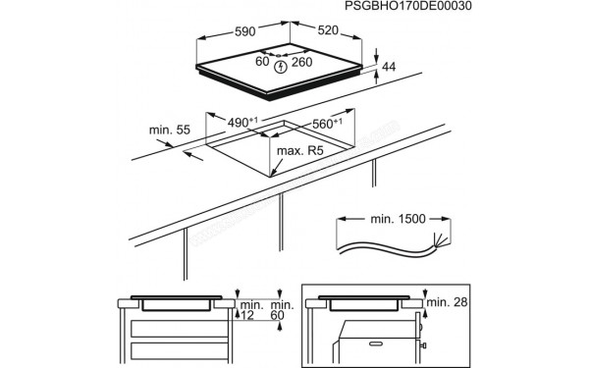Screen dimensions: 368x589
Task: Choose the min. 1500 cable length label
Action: pos(392,219)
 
